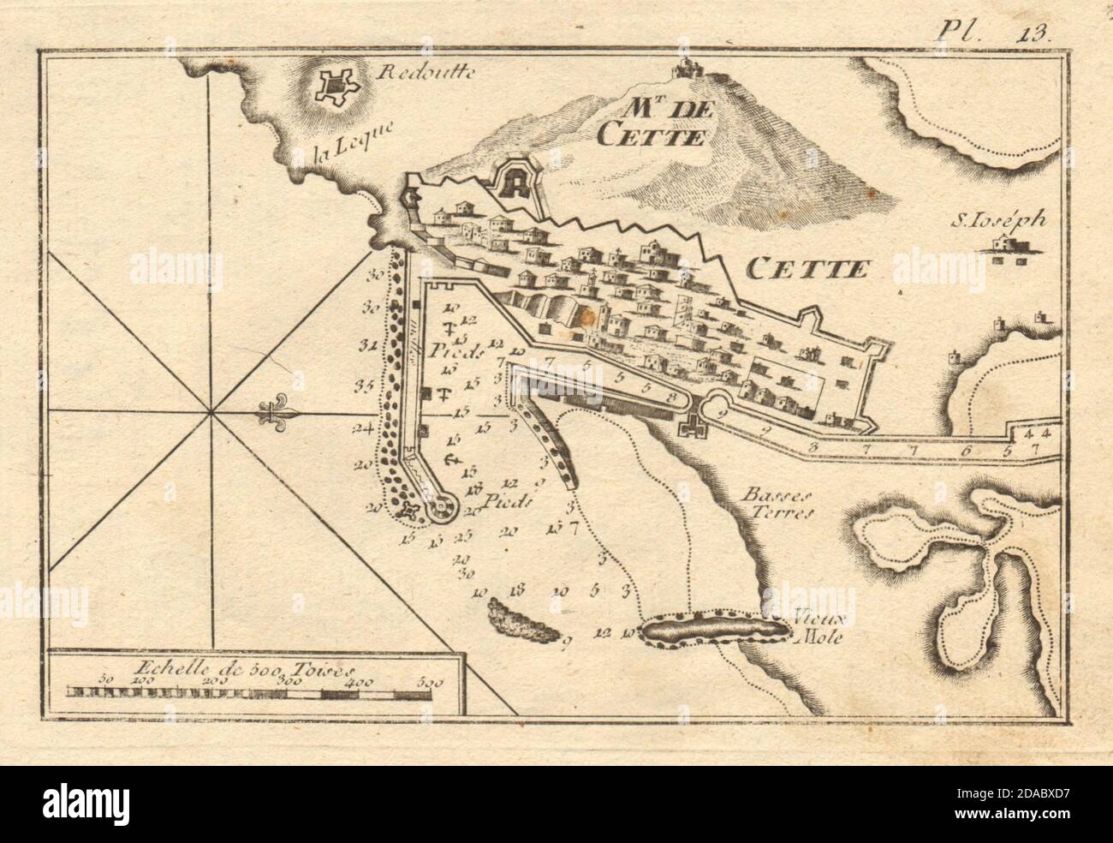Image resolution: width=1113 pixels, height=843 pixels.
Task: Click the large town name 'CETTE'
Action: pyautogui.click(x=806, y=270)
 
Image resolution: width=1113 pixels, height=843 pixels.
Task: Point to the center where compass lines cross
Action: pyautogui.click(x=211, y=413)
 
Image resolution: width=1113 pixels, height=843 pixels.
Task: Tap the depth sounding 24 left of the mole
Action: pyautogui.click(x=364, y=429)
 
